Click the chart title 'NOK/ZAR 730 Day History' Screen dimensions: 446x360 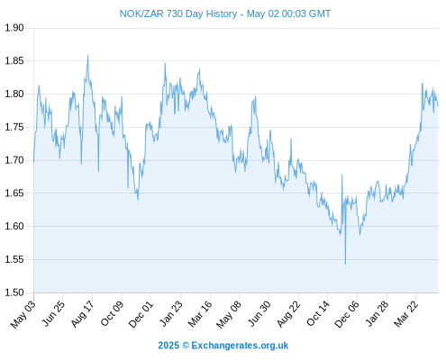pos(178,13)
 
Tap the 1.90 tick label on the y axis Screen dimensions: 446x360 pos(14,28)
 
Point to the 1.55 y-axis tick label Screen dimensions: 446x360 pos(14,259)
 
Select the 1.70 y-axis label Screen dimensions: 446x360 pos(14,160)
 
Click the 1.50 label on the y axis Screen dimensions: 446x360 pos(14,292)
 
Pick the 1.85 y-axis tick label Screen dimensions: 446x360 pos(14,61)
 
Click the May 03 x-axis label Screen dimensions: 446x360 pos(23,314)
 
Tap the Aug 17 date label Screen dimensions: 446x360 pos(82,314)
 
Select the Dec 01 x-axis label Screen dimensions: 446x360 pos(141,314)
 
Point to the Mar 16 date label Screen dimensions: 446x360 pos(200,314)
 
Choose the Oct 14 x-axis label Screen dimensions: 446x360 pos(318,313)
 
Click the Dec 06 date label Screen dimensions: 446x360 pos(346,314)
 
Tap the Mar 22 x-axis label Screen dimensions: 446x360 pos(405,314)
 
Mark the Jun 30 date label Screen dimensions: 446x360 pos(259,314)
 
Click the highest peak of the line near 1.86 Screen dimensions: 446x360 pos(87,56)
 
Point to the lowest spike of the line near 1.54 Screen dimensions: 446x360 pos(345,264)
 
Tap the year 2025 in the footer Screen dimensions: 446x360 pos(168,346)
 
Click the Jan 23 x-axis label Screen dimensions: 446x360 pos(170,314)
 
